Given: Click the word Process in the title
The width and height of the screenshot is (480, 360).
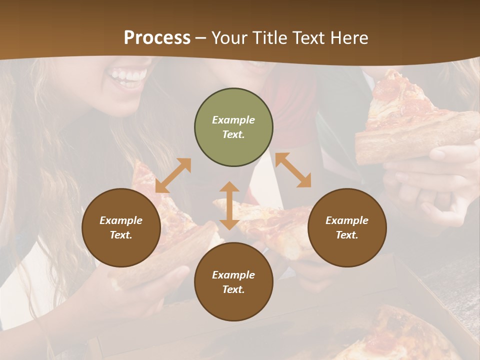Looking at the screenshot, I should coord(157,38).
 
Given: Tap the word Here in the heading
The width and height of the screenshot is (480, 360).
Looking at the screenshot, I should coord(350,38).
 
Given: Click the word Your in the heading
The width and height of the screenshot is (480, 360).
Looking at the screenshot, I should coord(230,38).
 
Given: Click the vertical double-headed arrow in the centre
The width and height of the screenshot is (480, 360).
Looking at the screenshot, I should coord(229,205).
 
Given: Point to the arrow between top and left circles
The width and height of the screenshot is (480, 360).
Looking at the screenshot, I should coord(173,175).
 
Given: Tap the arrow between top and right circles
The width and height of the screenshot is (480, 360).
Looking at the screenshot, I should coord(293,170).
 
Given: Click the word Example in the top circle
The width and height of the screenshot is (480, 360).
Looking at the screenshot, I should coord(233,120).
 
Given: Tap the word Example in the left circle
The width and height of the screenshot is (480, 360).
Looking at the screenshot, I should coord(121,220).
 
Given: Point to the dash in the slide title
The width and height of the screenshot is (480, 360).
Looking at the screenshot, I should coord(200,38).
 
